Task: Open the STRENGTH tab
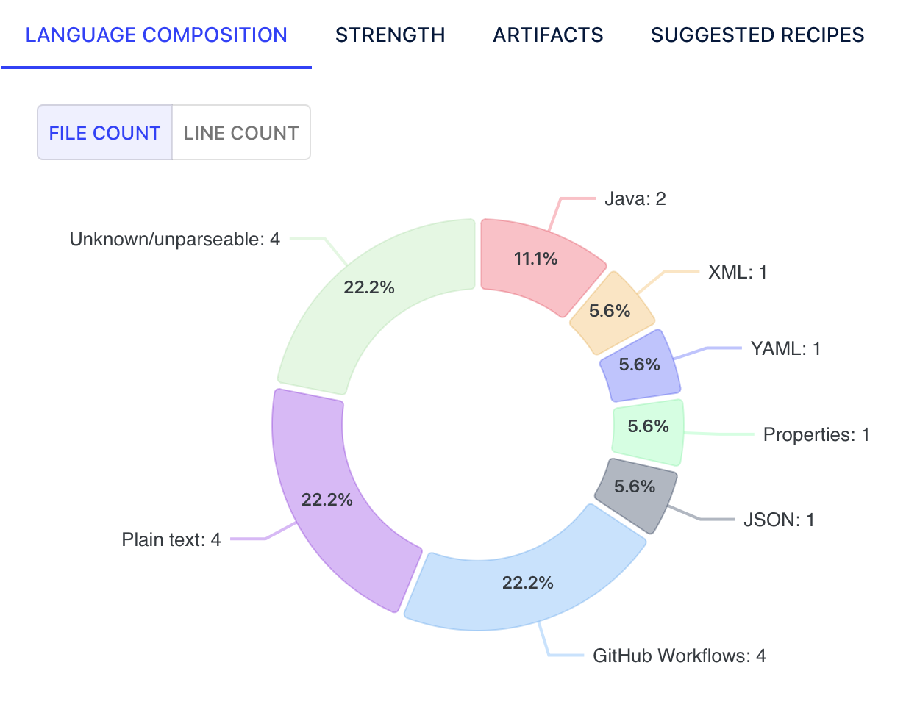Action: point(390,35)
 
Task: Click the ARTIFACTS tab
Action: point(548,35)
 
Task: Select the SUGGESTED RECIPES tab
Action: point(757,35)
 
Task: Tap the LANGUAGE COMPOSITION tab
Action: point(157,35)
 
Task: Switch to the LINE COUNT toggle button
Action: point(241,132)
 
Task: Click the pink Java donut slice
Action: point(538,262)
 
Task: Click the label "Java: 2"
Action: point(635,198)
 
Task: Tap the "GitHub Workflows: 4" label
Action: point(679,656)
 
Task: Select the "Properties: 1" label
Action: point(816,434)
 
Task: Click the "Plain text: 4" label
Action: point(171,539)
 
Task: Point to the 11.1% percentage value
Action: point(535,259)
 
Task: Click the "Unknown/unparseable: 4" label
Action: point(175,239)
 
